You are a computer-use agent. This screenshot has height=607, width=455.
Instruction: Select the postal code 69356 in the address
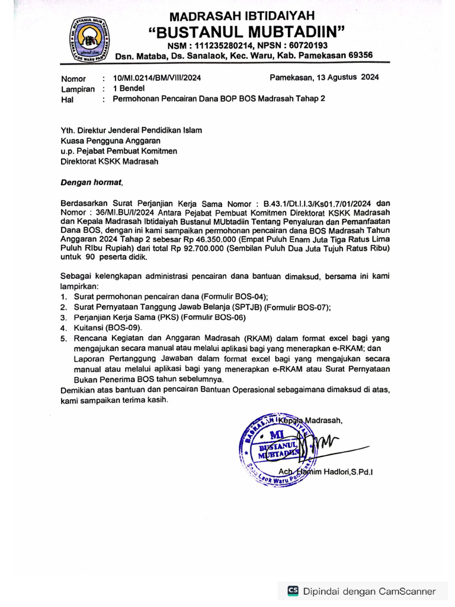359,55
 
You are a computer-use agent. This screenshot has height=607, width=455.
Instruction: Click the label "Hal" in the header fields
67,100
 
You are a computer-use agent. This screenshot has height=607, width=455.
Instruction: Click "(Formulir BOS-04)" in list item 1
235,296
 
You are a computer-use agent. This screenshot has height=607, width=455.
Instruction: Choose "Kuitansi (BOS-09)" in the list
108,328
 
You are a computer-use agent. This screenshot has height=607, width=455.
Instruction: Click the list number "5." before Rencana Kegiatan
64,339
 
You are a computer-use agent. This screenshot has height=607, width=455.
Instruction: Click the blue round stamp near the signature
275,448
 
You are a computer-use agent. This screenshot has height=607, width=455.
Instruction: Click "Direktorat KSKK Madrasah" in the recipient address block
110,161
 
